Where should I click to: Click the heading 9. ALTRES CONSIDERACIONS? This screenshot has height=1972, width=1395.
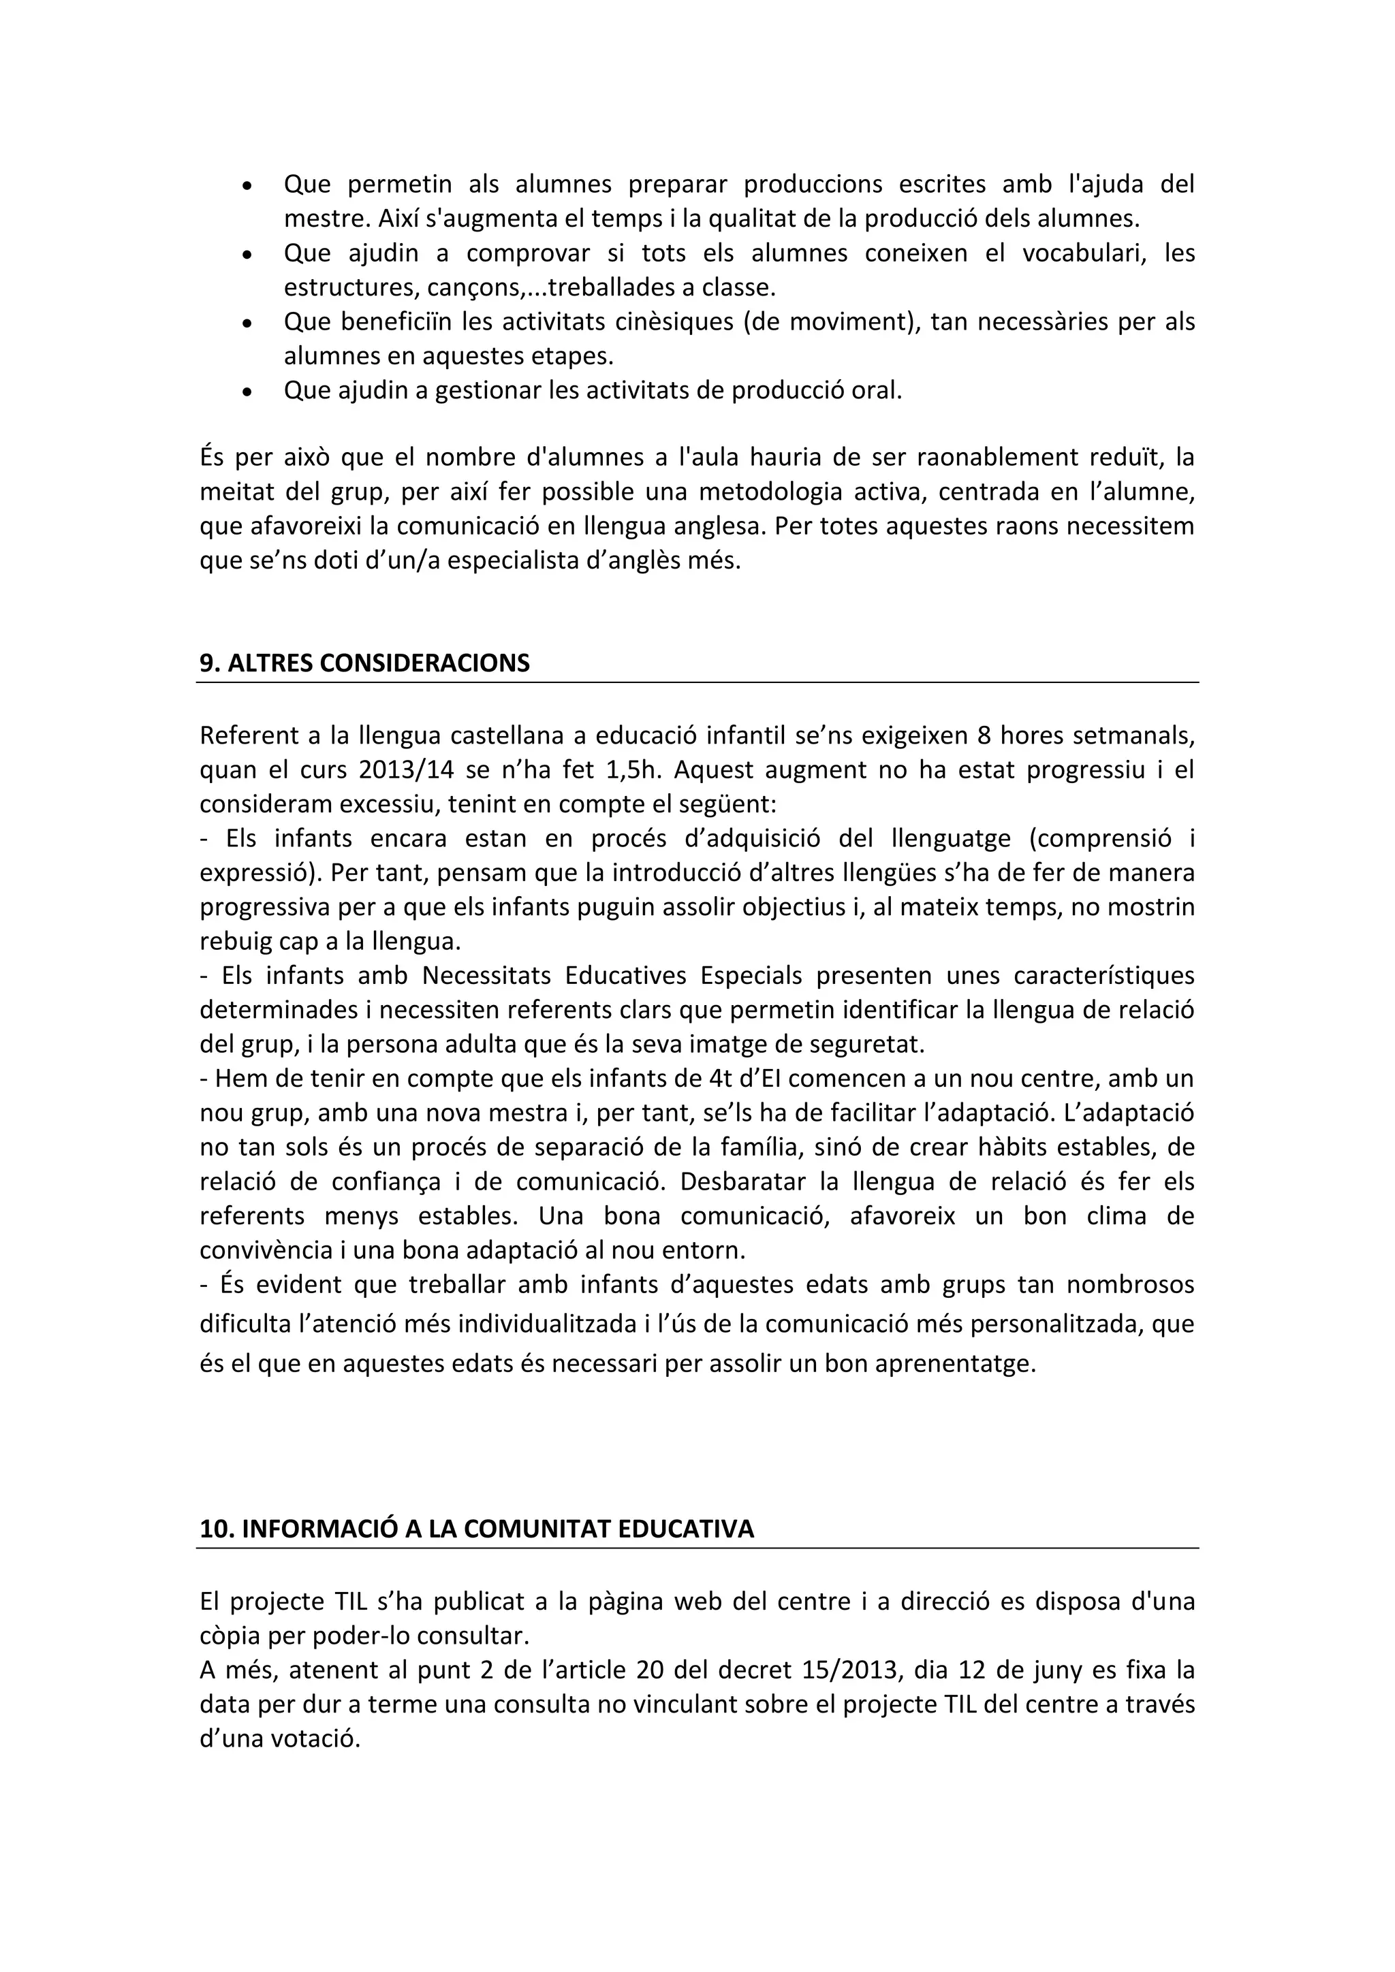coord(364,664)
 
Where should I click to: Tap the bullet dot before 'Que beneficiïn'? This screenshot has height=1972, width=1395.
coord(247,325)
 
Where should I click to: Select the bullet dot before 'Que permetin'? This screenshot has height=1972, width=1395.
coord(247,187)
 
